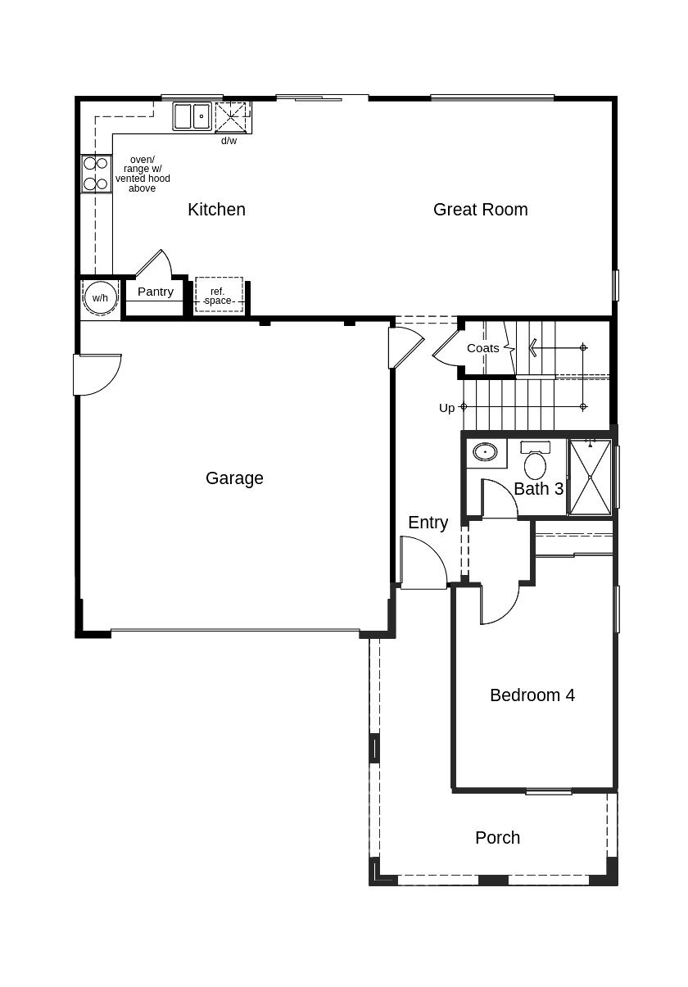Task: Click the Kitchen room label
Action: (216, 210)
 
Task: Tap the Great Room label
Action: (481, 210)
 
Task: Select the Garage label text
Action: (234, 478)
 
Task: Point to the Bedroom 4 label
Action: (532, 695)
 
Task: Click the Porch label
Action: (498, 838)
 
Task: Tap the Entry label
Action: (428, 523)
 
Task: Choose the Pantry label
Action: (155, 292)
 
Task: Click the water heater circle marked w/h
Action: (101, 298)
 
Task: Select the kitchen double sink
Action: (192, 116)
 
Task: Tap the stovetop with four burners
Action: (96, 174)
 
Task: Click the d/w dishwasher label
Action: (229, 141)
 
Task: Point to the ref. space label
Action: (218, 297)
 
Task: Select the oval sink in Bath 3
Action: (485, 452)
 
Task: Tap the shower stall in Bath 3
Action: (591, 478)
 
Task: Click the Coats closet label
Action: (483, 349)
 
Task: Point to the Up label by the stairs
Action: (446, 408)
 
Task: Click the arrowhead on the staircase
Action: (532, 347)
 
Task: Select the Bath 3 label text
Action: (539, 489)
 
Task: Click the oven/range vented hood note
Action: (143, 174)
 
